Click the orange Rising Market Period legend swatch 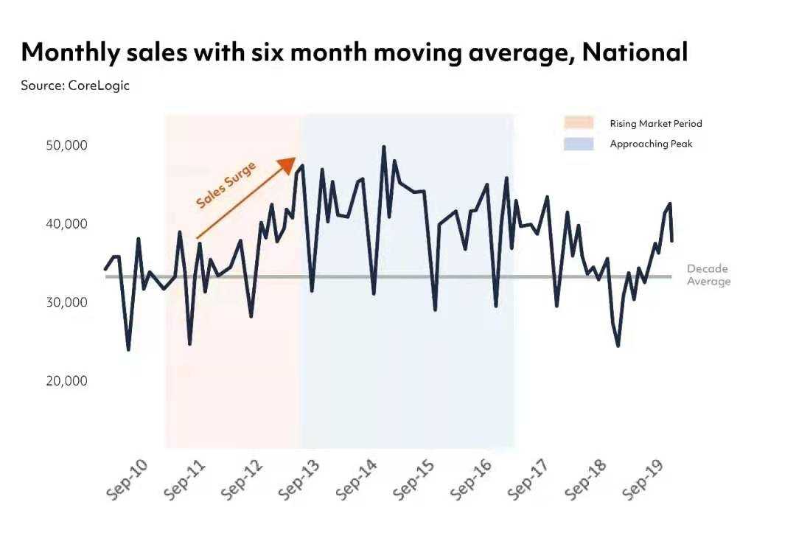(x=579, y=123)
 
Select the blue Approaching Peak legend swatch (x=579, y=144)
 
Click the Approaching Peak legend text (x=651, y=144)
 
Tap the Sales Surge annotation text (x=226, y=184)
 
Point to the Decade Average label (x=708, y=275)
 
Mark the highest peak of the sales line (x=384, y=147)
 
